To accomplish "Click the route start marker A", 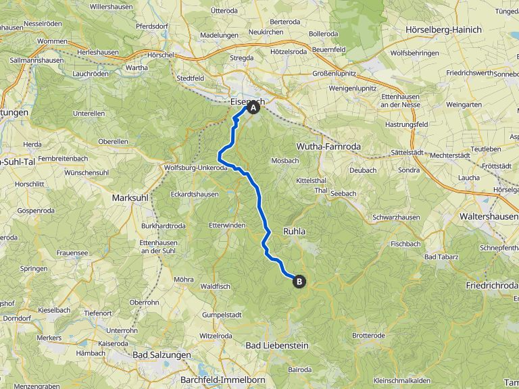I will point(253,107).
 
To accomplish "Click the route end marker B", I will point(299,283).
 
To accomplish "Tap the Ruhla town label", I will point(295,231).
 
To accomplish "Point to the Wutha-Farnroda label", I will point(329,146).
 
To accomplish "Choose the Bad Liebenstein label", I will point(276,345).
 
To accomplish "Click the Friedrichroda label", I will point(492,286).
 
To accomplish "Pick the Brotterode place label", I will point(368,336).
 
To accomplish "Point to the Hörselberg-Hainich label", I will point(443,30).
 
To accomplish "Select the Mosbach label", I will point(285,161).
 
